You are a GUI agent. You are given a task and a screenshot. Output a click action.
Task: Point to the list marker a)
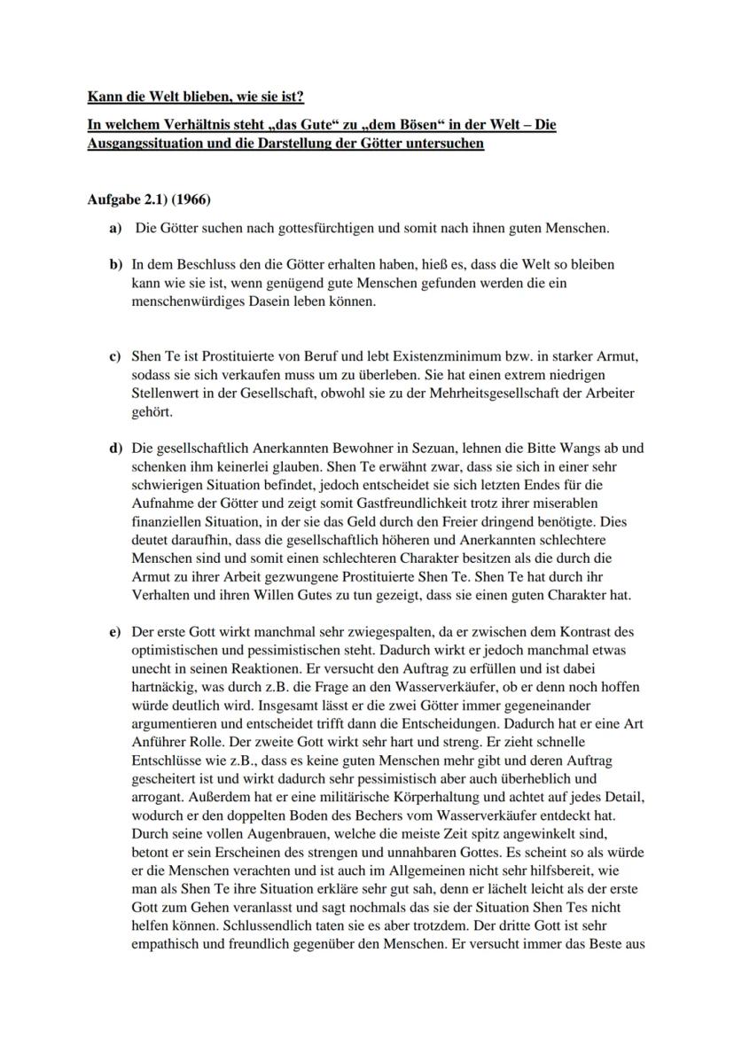pos(115,229)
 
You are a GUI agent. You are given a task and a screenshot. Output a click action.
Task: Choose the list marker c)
pos(114,356)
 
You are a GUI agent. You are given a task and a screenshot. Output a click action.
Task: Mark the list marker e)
pos(114,632)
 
